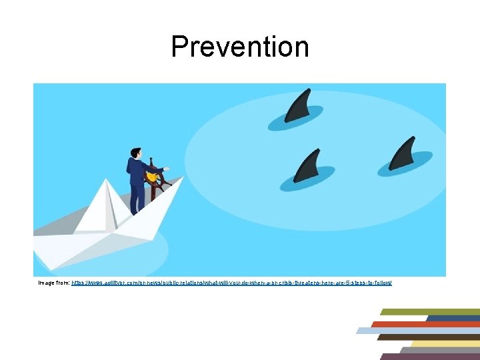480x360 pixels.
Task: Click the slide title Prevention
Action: click(240, 47)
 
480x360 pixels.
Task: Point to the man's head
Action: click(135, 153)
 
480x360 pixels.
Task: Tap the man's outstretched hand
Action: click(166, 169)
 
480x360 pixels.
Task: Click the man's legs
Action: click(137, 197)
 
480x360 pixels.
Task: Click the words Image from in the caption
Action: click(53, 283)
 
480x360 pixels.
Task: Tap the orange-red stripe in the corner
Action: click(427, 324)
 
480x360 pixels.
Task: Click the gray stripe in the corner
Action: click(440, 349)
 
